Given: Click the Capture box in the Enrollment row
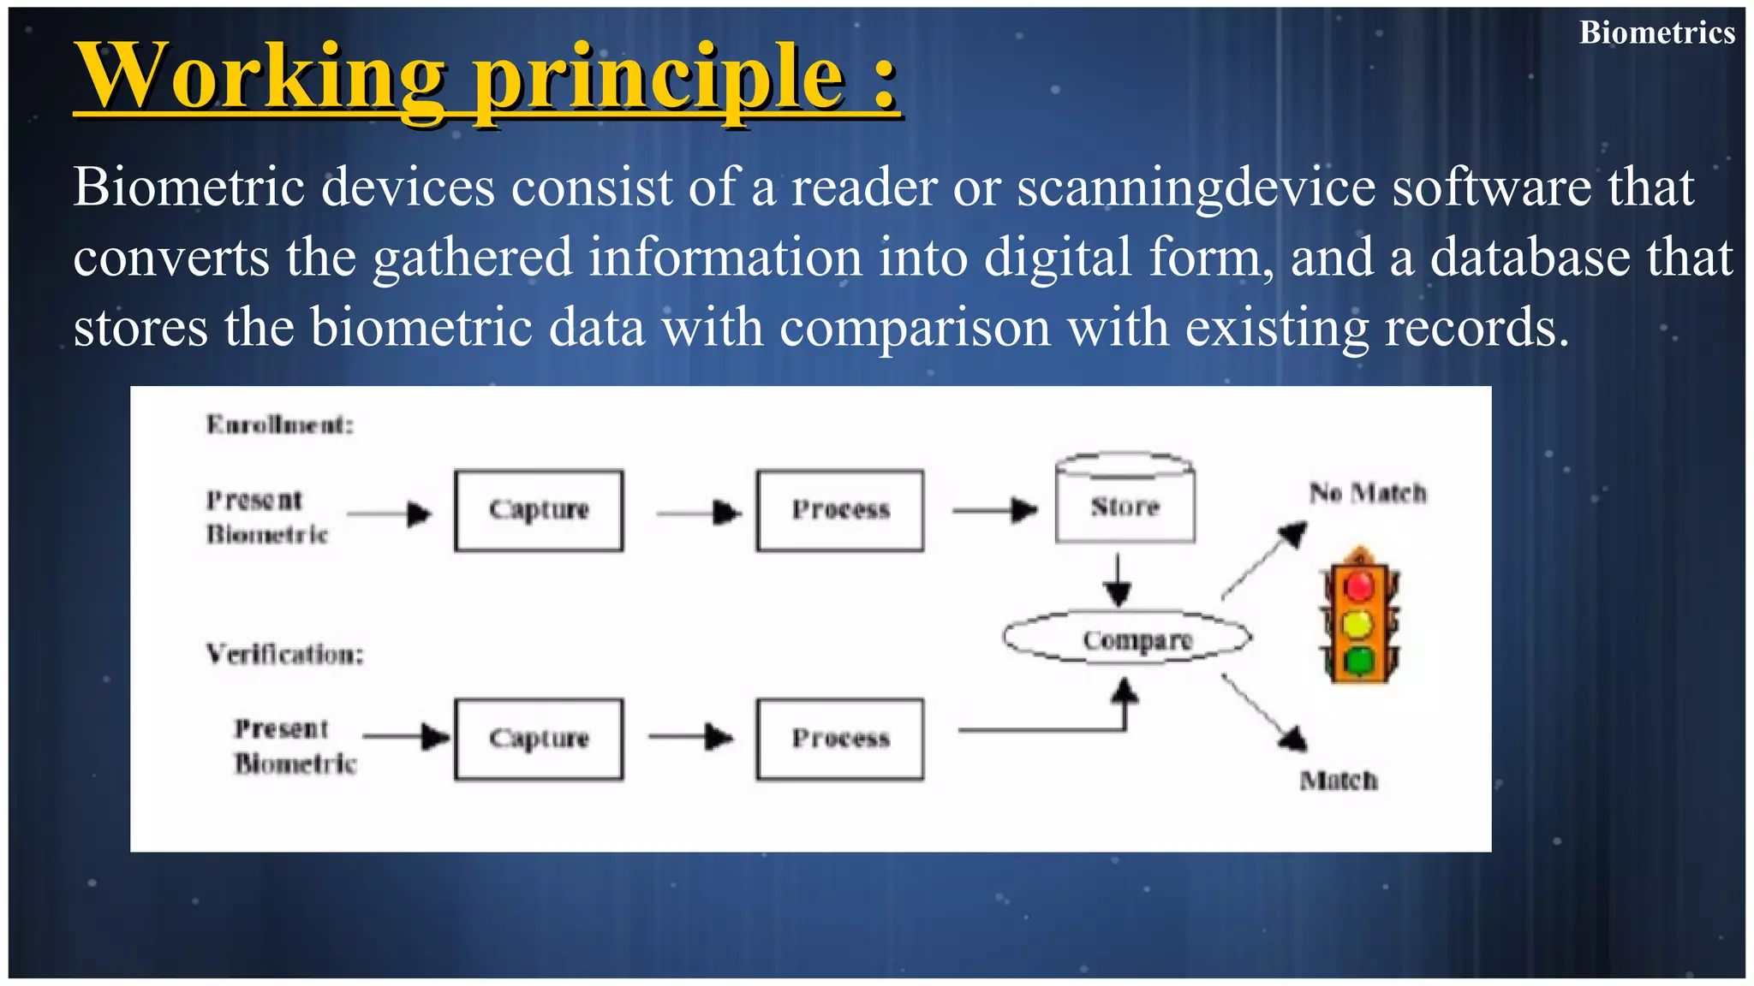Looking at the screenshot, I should click(539, 510).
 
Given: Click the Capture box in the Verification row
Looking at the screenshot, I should click(539, 739).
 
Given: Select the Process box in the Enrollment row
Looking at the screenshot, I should click(840, 510).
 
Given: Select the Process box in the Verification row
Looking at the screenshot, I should click(840, 739).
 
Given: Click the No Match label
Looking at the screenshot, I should click(1368, 493).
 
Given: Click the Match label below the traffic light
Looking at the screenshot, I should click(1339, 781).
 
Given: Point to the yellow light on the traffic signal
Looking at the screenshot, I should click(1359, 623).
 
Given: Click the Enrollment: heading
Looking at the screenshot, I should click(280, 425).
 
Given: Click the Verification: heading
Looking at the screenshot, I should click(285, 655).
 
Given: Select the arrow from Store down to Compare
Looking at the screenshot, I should click(1118, 580).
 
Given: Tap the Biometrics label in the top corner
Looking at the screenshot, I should click(1656, 33).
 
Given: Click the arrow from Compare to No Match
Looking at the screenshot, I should click(1263, 561).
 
